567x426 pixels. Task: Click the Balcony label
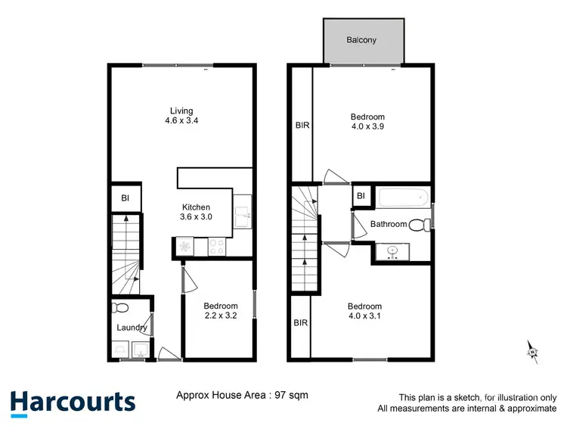361,40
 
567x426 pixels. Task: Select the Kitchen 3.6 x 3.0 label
196,213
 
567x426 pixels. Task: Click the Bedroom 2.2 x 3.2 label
221,311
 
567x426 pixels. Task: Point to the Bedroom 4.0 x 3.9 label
367,122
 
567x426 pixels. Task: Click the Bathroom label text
388,225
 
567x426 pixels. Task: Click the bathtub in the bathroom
403,199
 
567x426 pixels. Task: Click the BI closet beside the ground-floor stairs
124,198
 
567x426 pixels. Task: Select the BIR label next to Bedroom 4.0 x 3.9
301,126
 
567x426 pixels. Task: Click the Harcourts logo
73,402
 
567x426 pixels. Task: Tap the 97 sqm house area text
242,395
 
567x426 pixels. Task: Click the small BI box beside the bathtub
361,196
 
